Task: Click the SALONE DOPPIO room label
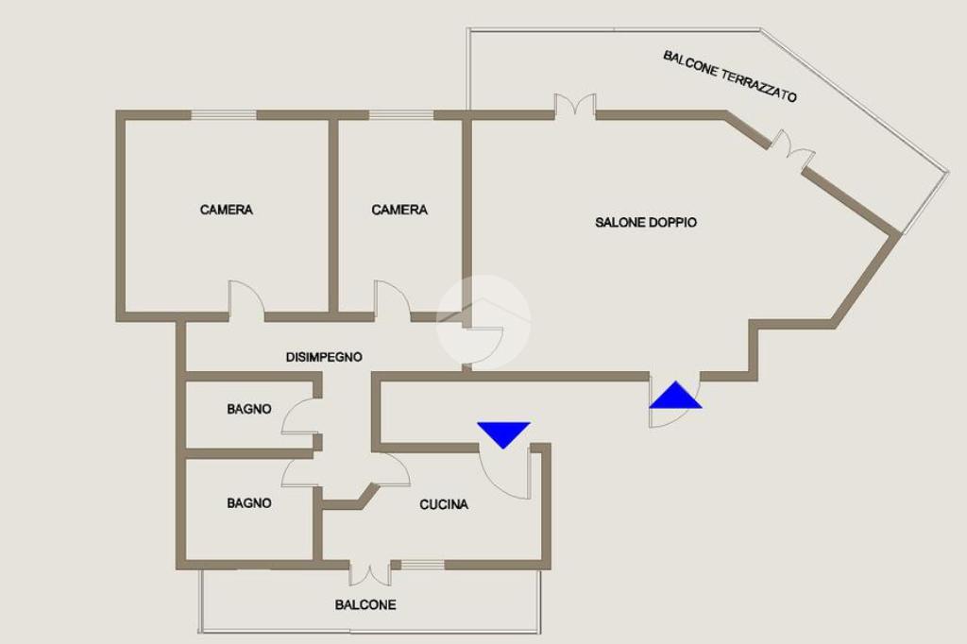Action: [x=646, y=223]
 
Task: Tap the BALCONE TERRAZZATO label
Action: [x=730, y=76]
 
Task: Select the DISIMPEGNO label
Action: [x=324, y=357]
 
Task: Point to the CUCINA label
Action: [x=444, y=504]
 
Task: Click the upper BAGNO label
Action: [x=248, y=409]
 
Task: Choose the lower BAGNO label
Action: [x=248, y=503]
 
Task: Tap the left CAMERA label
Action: [x=227, y=210]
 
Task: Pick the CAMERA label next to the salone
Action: [x=399, y=210]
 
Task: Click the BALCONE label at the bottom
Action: [x=365, y=604]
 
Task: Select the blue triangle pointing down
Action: [x=503, y=433]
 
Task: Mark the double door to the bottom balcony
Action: [x=369, y=572]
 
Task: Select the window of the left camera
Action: [x=224, y=115]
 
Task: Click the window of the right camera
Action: [x=400, y=115]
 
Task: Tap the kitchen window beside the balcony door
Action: [x=421, y=565]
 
